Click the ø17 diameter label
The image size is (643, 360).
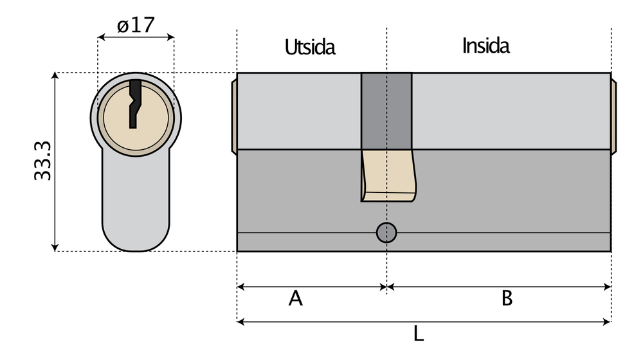tap(136, 26)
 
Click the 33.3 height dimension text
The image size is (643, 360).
tap(42, 161)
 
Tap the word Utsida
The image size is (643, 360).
tap(310, 47)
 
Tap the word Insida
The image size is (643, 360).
tap(485, 46)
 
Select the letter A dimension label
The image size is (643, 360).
tap(295, 298)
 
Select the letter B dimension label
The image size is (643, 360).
tap(507, 298)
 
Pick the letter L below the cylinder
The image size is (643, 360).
tap(419, 334)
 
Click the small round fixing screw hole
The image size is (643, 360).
tap(386, 233)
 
